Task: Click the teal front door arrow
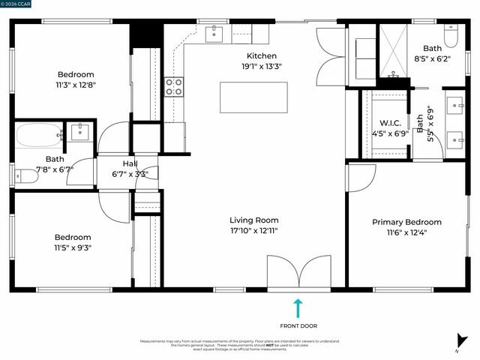[298, 307]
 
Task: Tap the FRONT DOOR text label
[298, 325]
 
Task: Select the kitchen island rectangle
[243, 97]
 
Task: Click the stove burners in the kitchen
[174, 86]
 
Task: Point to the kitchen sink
[214, 32]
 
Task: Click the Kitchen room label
[262, 55]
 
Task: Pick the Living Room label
[253, 220]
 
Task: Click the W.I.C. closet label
[390, 123]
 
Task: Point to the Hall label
[130, 163]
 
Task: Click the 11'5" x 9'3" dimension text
[73, 247]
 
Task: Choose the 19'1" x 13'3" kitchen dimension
[262, 66]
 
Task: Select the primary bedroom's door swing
[361, 178]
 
